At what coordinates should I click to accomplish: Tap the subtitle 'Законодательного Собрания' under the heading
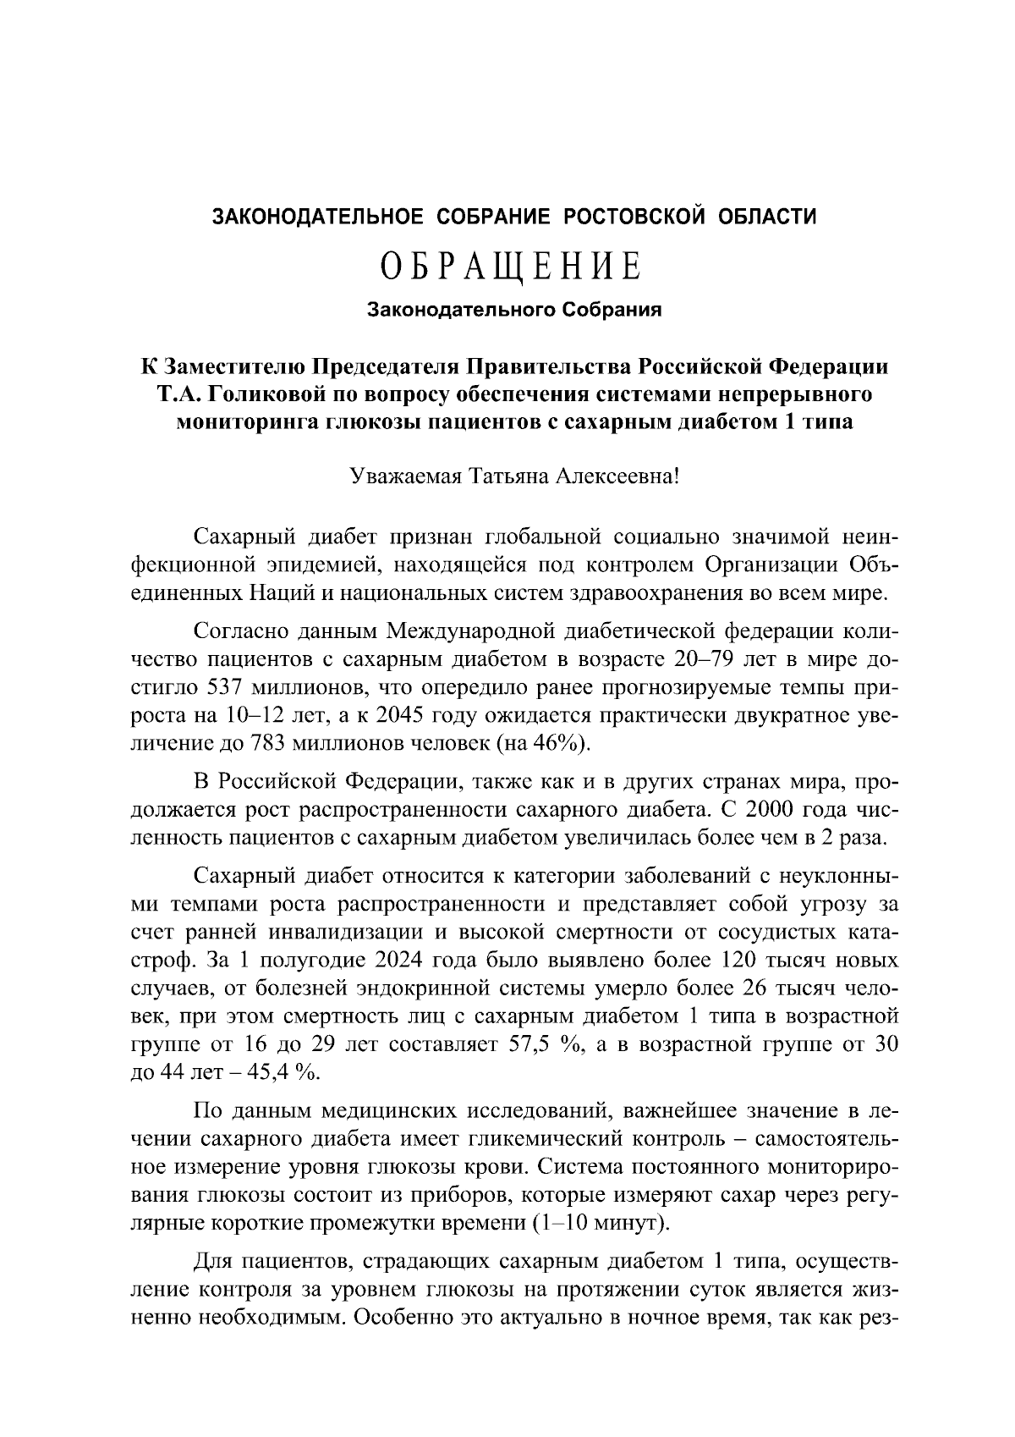[x=513, y=310]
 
